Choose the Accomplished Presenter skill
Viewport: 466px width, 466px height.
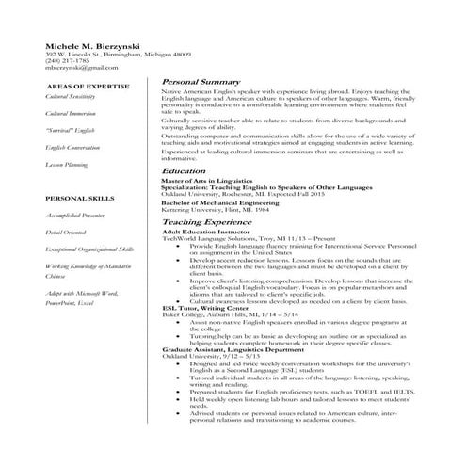(76, 216)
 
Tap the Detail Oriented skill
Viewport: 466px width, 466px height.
(66, 232)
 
